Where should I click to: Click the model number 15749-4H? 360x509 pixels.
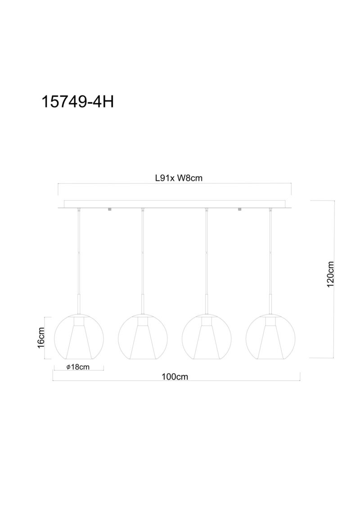[x=78, y=102]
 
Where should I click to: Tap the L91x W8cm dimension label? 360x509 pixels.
[x=179, y=178]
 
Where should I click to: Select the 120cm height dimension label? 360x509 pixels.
[x=330, y=274]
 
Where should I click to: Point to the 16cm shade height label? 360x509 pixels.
[x=41, y=338]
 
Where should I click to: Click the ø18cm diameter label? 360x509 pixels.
[x=78, y=367]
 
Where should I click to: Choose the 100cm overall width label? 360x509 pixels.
[x=175, y=376]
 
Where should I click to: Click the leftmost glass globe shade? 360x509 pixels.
[x=79, y=337]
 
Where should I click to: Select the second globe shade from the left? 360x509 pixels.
[x=143, y=337]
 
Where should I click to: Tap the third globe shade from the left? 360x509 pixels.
[x=207, y=337]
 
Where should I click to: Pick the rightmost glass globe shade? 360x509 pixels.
[x=270, y=337]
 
